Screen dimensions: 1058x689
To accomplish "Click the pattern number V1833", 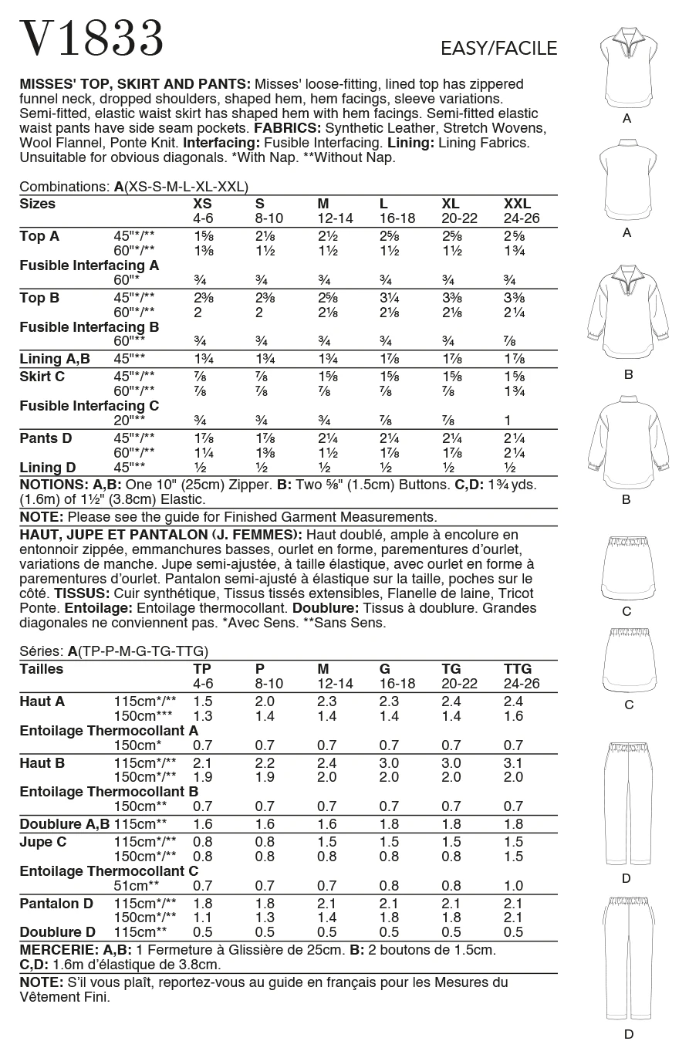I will click(92, 38).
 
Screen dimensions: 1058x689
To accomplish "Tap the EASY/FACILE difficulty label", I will click(498, 49).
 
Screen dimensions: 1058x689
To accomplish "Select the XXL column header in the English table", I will click(517, 204).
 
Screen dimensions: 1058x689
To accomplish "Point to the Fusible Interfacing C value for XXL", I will click(508, 421).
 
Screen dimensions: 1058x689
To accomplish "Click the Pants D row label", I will click(46, 438).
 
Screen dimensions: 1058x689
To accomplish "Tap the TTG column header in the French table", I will click(518, 669).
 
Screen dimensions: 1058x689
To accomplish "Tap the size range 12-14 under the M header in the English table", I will click(335, 218).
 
